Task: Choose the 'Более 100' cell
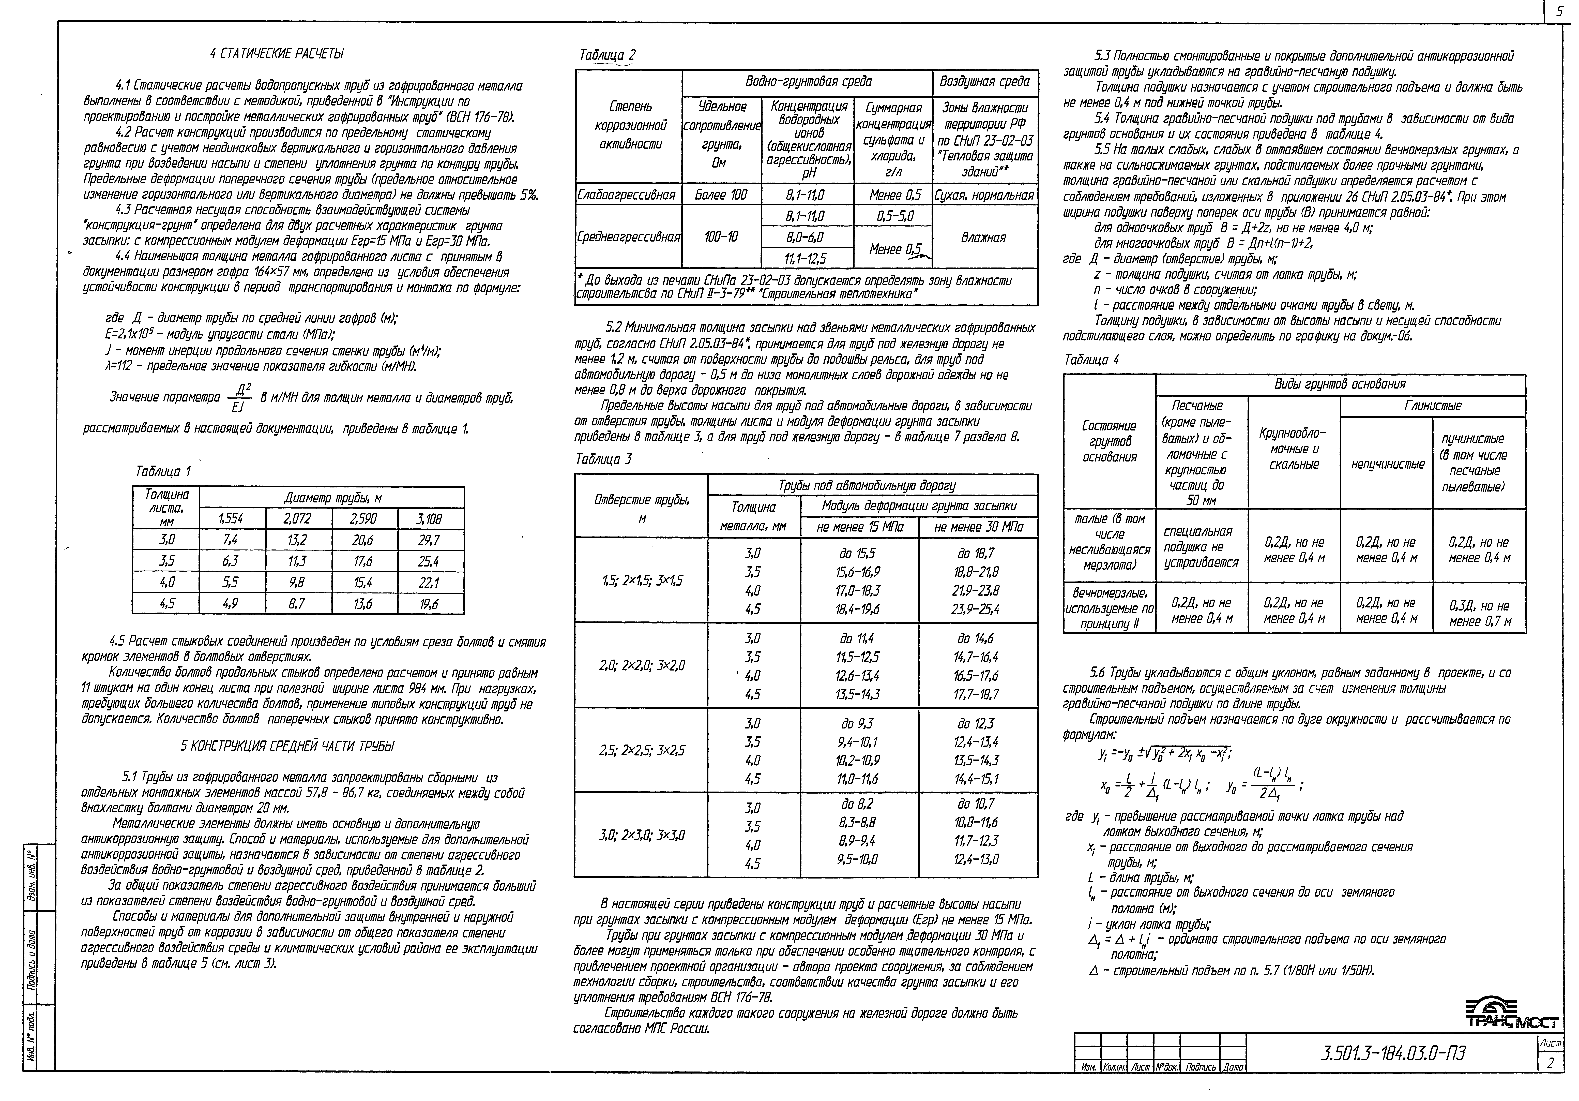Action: pos(721,195)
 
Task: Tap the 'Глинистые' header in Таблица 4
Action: pos(1433,406)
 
